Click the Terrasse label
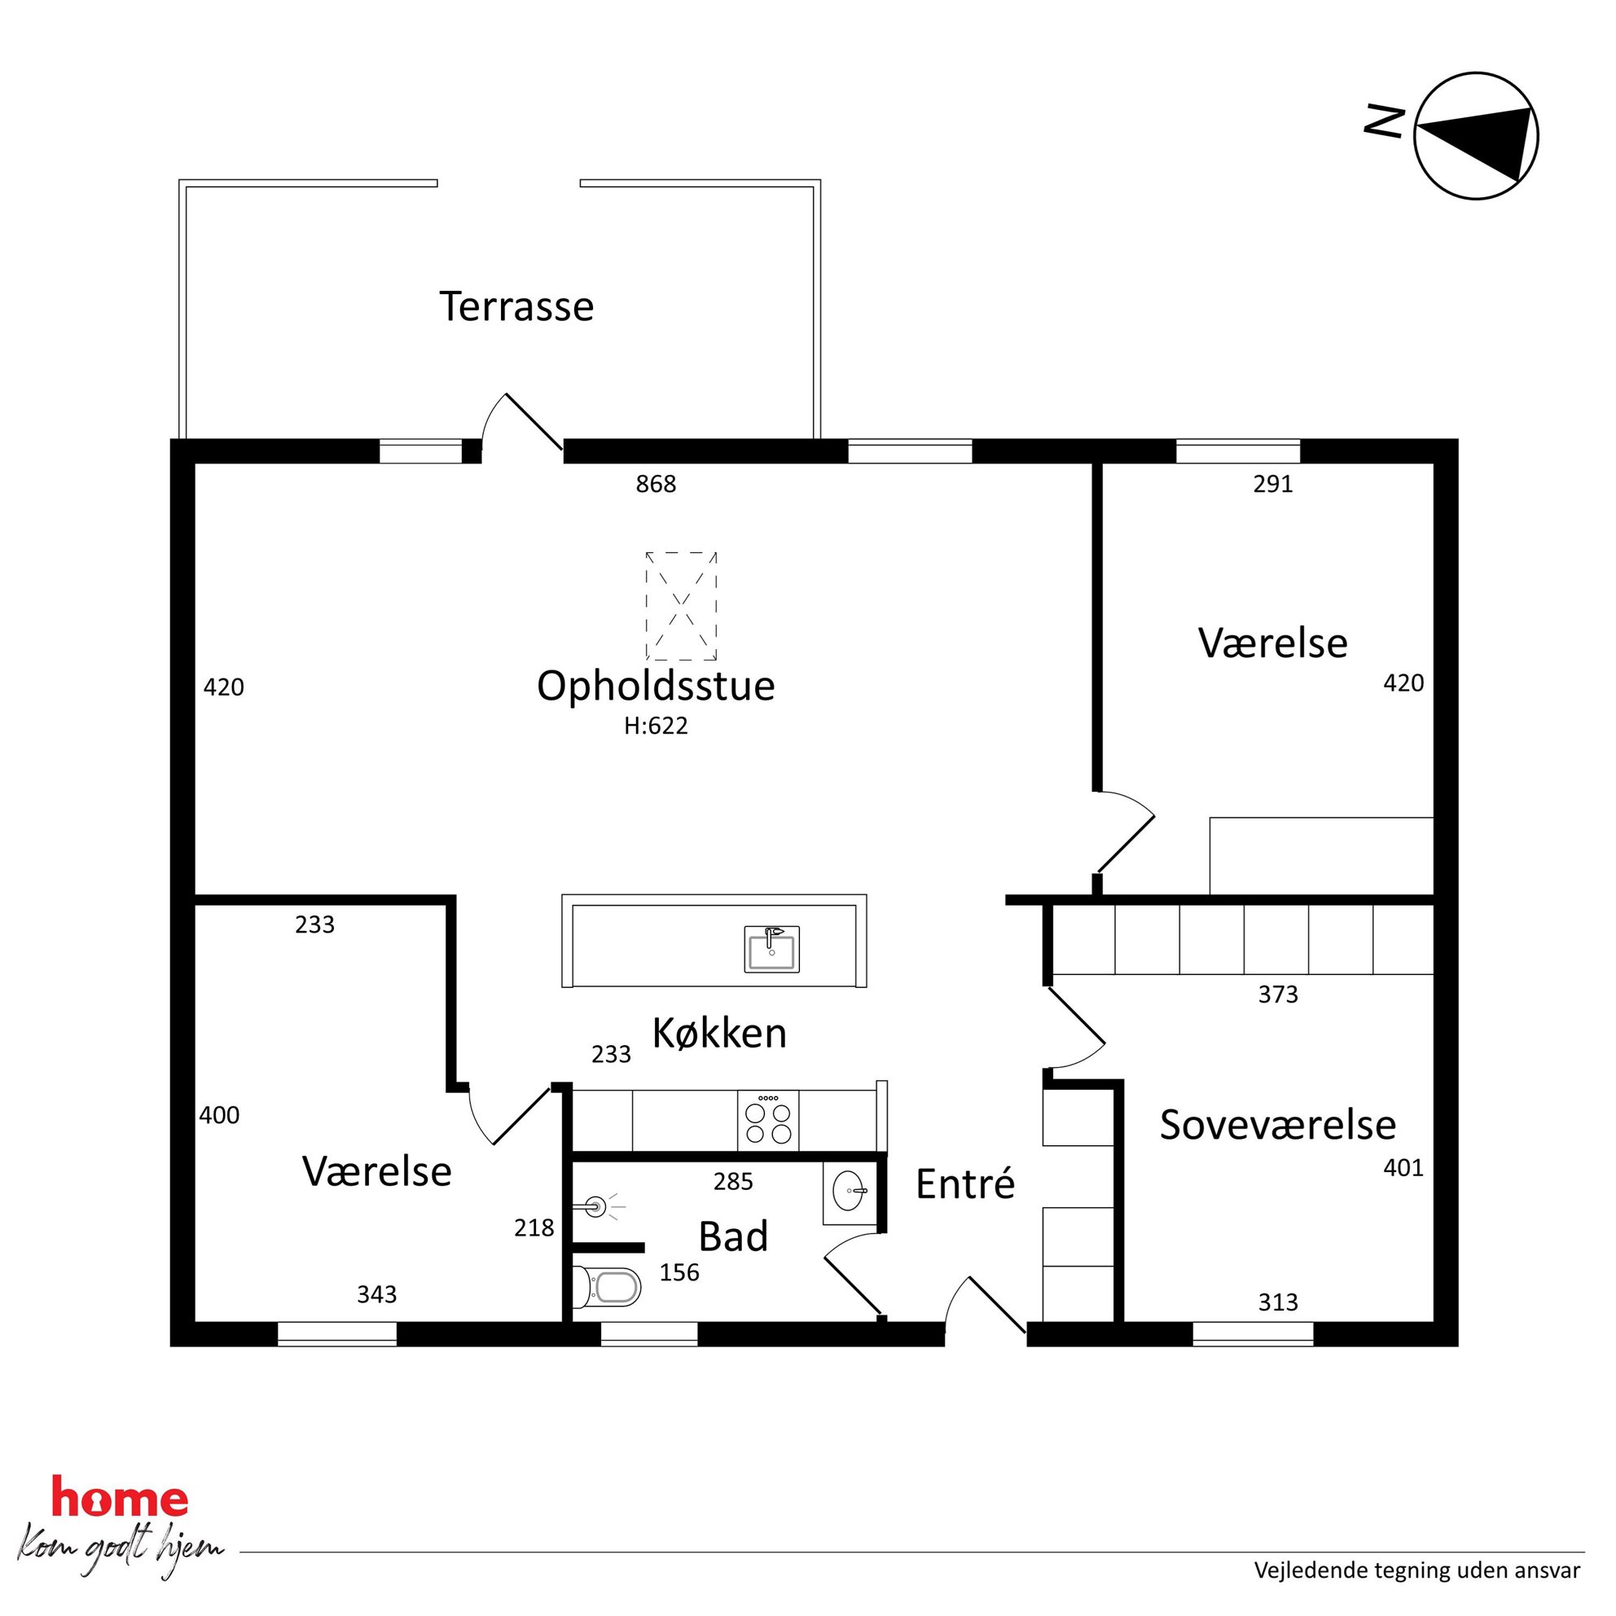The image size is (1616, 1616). pos(517,306)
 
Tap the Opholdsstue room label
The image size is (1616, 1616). pos(656,686)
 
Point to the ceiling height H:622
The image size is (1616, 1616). pos(656,725)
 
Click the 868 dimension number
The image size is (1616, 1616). pos(656,484)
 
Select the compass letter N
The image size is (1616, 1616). pos(1384,121)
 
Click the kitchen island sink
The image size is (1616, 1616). pos(771,949)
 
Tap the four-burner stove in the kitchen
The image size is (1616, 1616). pos(768,1120)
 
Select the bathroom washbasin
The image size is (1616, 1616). pos(849,1192)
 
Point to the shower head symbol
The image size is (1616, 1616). pos(597,1206)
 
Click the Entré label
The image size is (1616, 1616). pos(965,1183)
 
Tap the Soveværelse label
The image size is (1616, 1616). pos(1278,1125)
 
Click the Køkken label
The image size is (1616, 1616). pos(719,1034)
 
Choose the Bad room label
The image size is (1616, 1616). pos(734,1237)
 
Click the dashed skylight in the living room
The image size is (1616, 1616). pos(681,605)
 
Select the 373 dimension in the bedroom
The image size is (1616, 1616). pos(1278,994)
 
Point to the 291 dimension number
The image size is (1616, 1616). pos(1273,484)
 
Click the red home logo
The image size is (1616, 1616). pos(120,1496)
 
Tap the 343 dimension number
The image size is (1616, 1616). pos(376,1294)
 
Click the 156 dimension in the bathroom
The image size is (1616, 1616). pos(679,1272)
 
